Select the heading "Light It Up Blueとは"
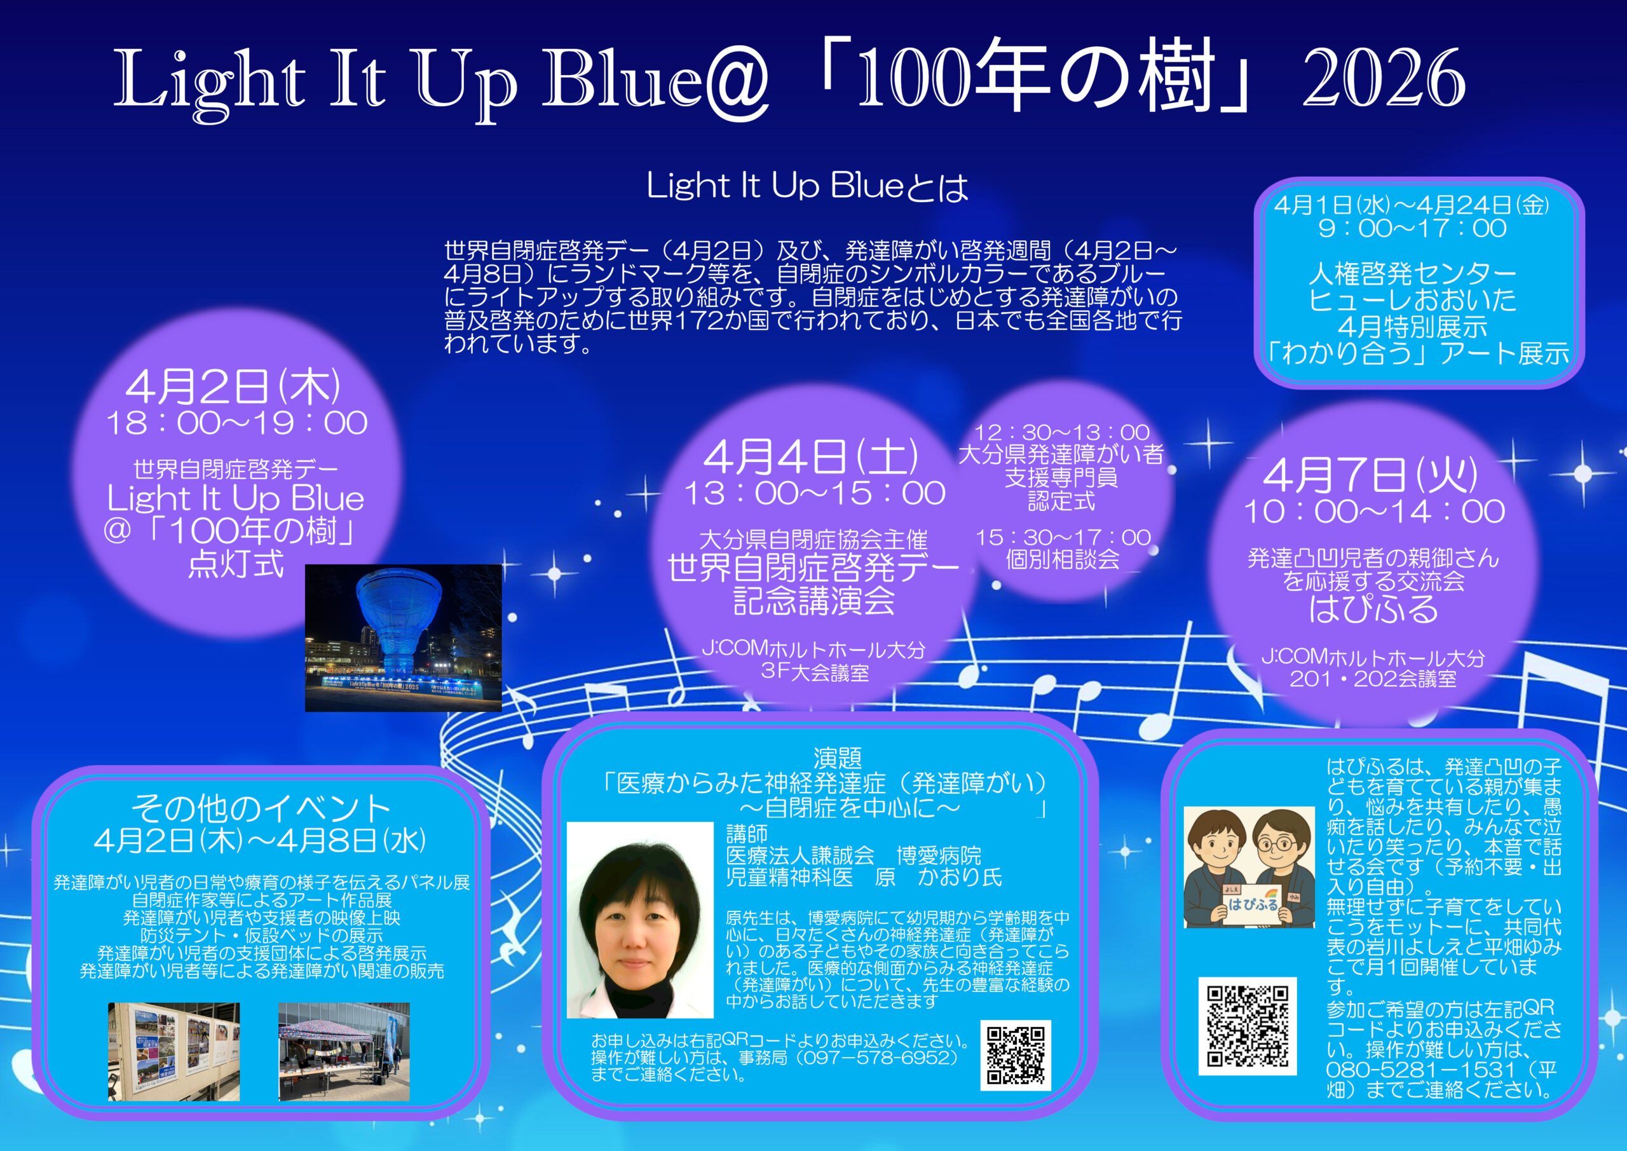click(x=807, y=186)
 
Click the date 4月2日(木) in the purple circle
click(x=233, y=386)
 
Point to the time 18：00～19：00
click(x=236, y=423)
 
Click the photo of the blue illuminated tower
click(x=403, y=638)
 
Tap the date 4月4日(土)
click(x=812, y=456)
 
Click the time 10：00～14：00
click(x=1374, y=512)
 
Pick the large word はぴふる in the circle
click(x=1373, y=609)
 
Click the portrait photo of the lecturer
click(x=640, y=920)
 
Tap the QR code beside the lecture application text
click(x=1016, y=1055)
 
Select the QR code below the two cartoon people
click(x=1247, y=1026)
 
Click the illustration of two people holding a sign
click(x=1249, y=867)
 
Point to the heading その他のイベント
click(x=261, y=808)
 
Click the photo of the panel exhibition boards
click(x=174, y=1052)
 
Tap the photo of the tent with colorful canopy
click(x=344, y=1052)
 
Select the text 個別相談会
click(x=1062, y=560)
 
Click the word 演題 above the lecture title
click(x=838, y=758)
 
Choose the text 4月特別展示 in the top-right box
click(x=1412, y=327)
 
